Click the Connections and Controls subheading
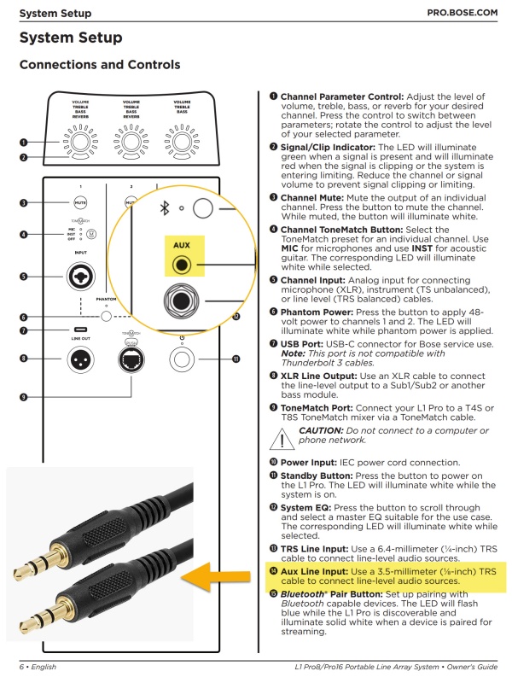[x=99, y=65]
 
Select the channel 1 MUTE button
[x=79, y=203]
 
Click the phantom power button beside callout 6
[x=106, y=317]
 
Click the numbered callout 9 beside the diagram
[x=24, y=397]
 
